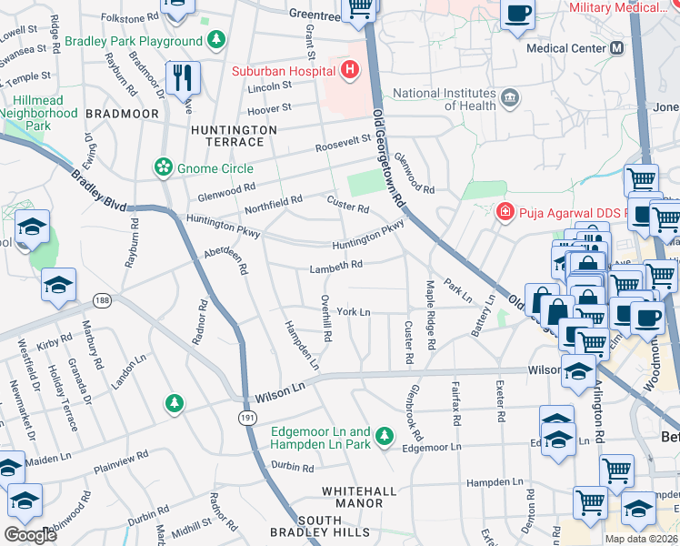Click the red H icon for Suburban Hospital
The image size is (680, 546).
point(348,70)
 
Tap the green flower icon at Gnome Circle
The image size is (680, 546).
point(163,167)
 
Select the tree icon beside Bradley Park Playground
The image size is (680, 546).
point(216,40)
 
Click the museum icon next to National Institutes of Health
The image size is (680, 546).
point(509,96)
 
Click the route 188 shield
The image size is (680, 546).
point(102,299)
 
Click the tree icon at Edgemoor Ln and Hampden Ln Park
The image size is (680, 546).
point(385,438)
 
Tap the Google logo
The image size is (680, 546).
point(31,535)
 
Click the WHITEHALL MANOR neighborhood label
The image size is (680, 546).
point(358,497)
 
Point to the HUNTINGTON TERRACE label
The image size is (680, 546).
point(234,137)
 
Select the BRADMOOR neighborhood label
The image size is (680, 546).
point(122,114)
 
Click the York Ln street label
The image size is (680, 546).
point(354,312)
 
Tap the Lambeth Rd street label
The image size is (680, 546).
point(335,265)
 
